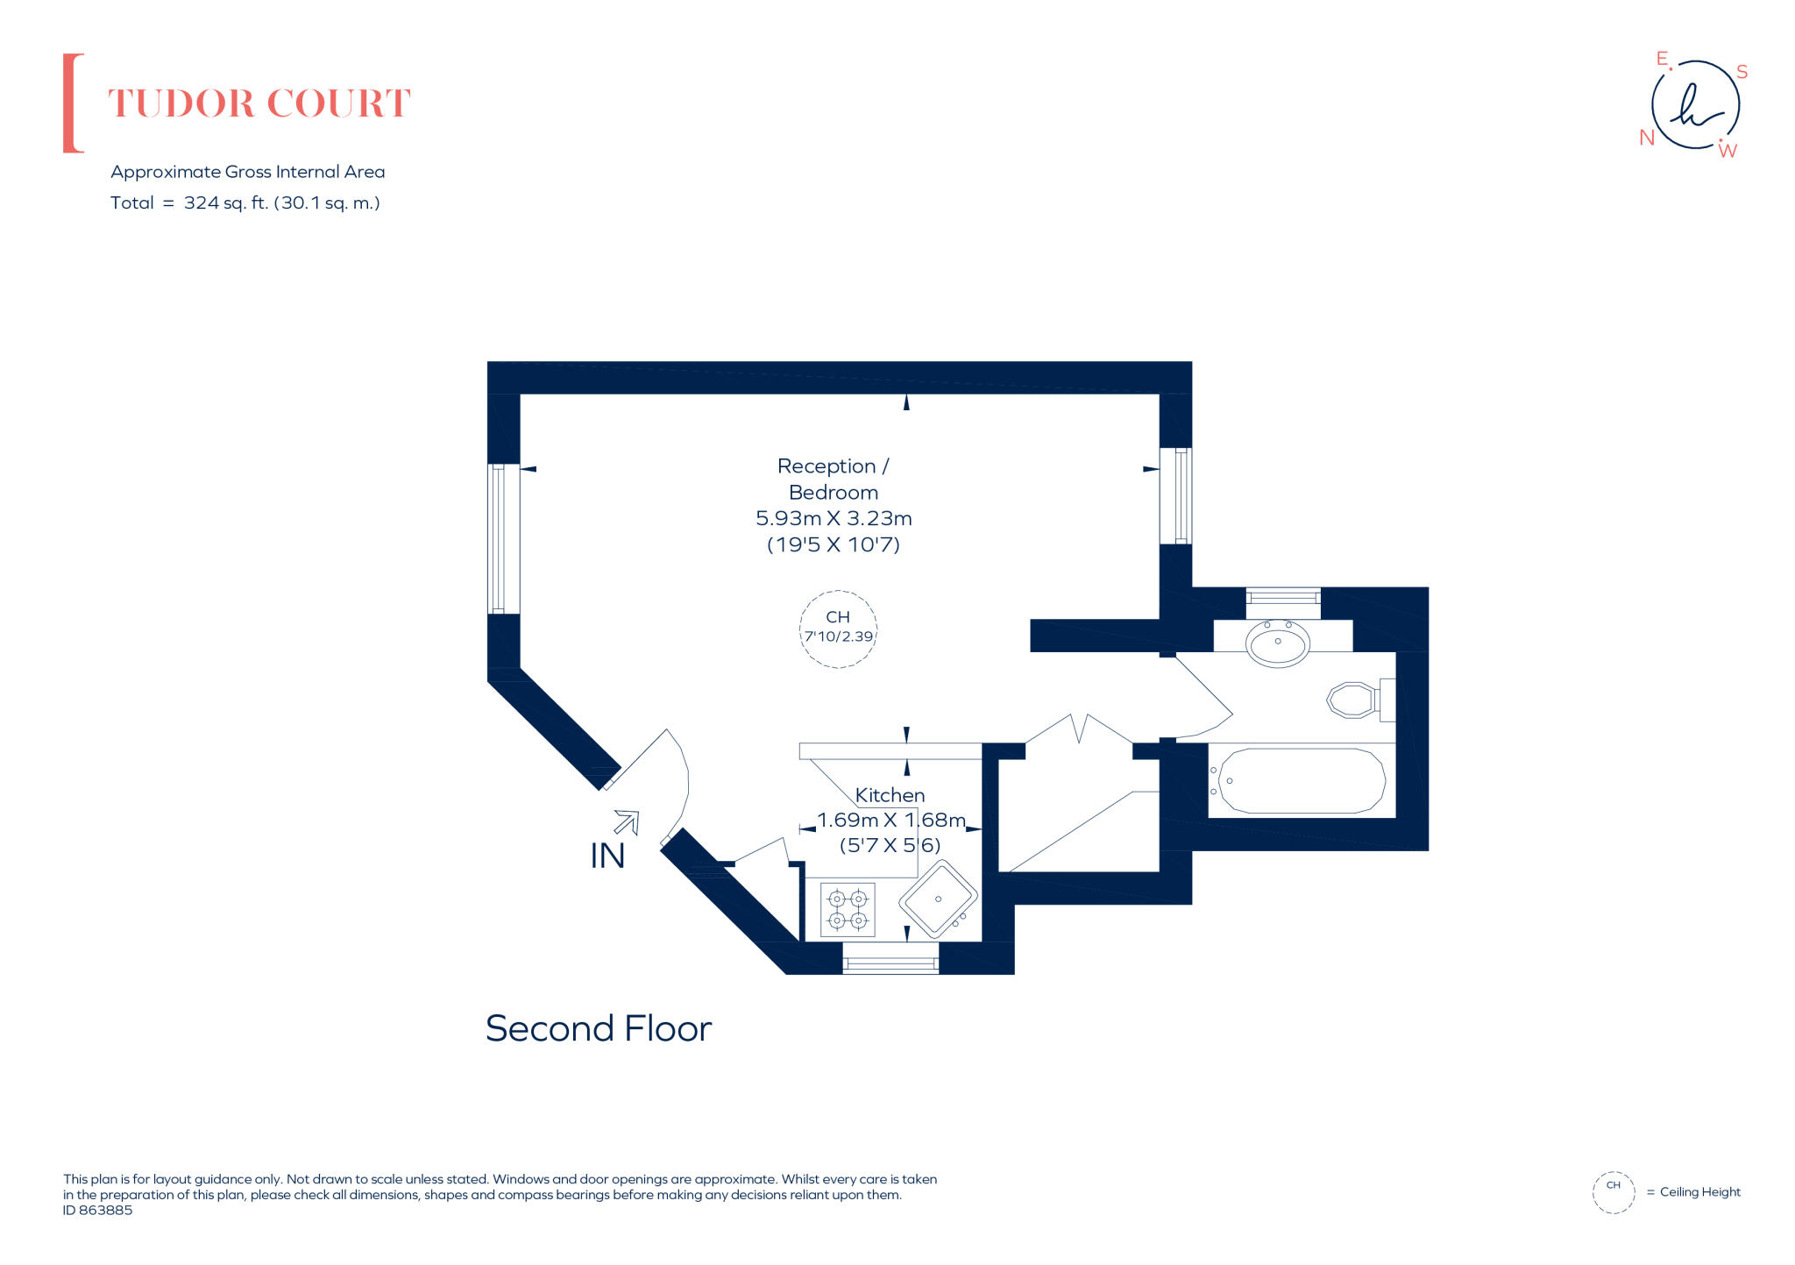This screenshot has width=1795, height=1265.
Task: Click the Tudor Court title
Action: [259, 103]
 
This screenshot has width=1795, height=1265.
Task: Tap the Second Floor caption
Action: [598, 1028]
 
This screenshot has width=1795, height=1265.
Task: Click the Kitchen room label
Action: [890, 795]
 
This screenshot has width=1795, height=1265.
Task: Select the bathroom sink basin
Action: [1277, 643]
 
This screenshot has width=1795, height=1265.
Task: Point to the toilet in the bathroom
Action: [1352, 700]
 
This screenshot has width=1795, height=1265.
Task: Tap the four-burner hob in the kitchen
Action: [848, 909]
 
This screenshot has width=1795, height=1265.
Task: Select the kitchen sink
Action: [938, 899]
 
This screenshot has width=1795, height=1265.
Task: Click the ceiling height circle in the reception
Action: [838, 629]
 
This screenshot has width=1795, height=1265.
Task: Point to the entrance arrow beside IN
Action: [627, 821]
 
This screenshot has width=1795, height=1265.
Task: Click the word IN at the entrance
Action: [607, 856]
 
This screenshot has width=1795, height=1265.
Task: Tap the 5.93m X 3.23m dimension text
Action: [834, 518]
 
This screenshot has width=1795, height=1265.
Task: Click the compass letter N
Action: [1646, 138]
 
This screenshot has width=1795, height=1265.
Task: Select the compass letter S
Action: [1742, 72]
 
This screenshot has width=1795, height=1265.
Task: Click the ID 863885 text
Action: [97, 1210]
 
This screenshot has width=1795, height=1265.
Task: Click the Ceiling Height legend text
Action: [1699, 1191]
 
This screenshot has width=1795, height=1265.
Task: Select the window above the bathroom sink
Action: [1283, 597]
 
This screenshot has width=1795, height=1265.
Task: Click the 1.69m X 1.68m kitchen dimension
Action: [890, 821]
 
